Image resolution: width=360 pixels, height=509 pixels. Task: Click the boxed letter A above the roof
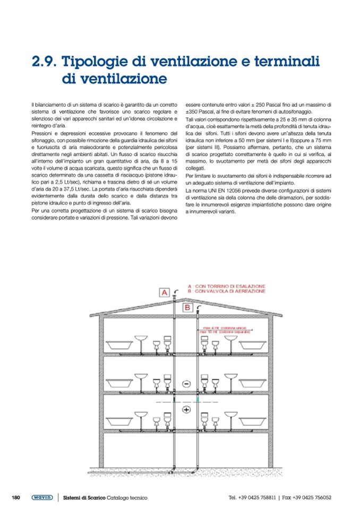tap(165, 292)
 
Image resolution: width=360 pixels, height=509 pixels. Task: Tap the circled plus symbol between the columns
tap(186, 410)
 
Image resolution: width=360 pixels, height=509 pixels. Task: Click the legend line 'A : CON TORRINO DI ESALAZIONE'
tap(226, 286)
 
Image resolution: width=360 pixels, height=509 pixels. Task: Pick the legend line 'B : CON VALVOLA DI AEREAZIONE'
tap(226, 291)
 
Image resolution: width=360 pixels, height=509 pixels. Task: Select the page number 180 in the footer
tap(16, 497)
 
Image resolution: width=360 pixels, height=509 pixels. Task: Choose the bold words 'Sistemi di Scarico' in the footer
tap(84, 497)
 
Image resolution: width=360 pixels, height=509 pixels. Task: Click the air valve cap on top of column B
tap(198, 308)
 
